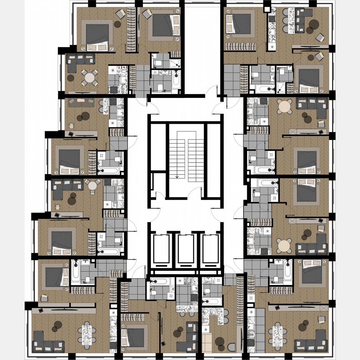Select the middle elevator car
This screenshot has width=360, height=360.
click(x=186, y=250)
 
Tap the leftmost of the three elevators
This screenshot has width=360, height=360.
click(x=160, y=250)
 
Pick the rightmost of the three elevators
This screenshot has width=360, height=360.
click(x=211, y=250)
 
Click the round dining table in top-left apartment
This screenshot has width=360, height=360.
click(x=90, y=77)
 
